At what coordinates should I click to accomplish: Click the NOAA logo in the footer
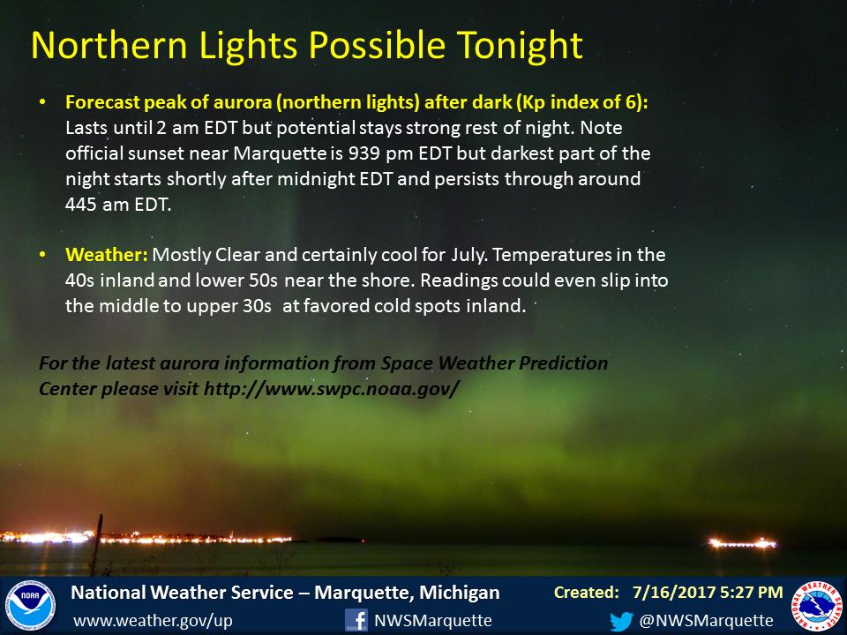pos(30,606)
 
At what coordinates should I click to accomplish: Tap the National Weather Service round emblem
pos(817,606)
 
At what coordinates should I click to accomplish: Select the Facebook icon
pos(356,620)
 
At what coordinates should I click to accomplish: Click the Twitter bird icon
pos(621,621)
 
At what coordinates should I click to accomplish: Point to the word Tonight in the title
pos(520,45)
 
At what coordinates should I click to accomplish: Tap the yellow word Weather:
pos(107,254)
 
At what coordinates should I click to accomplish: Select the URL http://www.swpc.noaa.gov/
pos(332,388)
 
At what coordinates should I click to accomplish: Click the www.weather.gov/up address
pos(153,621)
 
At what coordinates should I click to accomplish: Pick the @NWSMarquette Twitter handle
pos(706,621)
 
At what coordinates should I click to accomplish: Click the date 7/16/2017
pos(668,593)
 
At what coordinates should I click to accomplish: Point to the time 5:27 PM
pos(746,593)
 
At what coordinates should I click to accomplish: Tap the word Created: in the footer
pos(587,593)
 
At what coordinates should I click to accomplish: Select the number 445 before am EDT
pos(81,204)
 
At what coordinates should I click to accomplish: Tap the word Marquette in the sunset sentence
pos(280,153)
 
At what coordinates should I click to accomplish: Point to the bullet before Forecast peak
pos(42,102)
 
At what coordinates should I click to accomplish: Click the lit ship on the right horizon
pos(742,542)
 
